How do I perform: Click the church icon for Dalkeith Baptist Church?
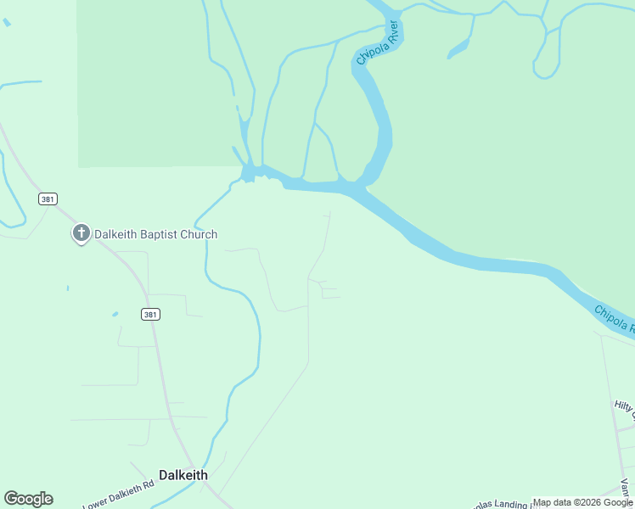(81, 233)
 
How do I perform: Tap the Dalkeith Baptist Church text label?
(155, 235)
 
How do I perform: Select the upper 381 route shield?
(48, 199)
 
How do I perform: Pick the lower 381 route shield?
(150, 314)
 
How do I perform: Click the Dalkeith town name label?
(183, 475)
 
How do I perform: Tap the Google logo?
(28, 499)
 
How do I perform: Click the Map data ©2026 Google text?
(582, 503)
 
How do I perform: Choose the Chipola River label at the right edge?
(615, 321)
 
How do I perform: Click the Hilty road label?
(623, 408)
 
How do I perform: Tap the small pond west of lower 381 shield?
(115, 315)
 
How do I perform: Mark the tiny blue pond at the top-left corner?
(7, 22)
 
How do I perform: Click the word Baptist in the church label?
(164, 235)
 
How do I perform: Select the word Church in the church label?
(201, 235)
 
